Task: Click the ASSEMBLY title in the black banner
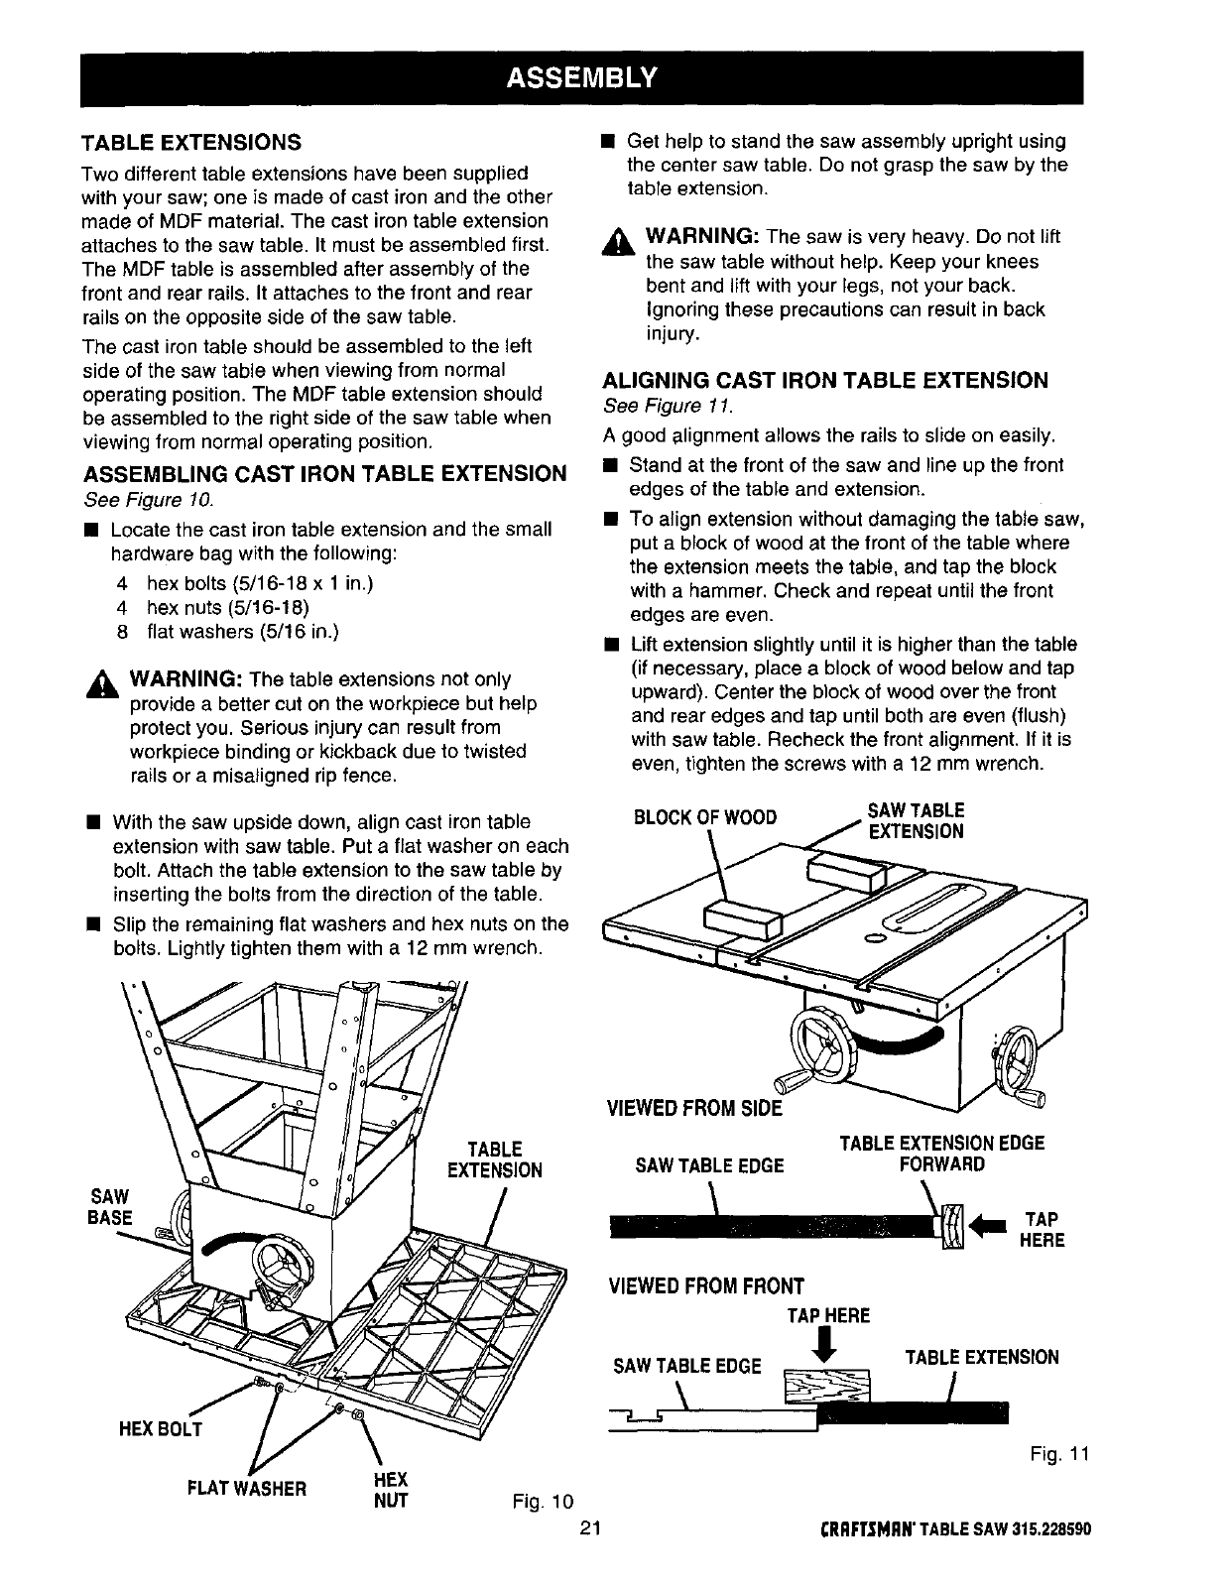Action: [x=581, y=77]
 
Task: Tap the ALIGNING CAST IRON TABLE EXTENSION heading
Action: [x=825, y=380]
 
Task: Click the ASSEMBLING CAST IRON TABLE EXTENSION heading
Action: [x=323, y=473]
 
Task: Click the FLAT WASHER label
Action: [x=247, y=1488]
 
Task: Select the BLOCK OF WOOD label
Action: [x=704, y=817]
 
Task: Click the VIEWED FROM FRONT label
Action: [x=704, y=1287]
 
